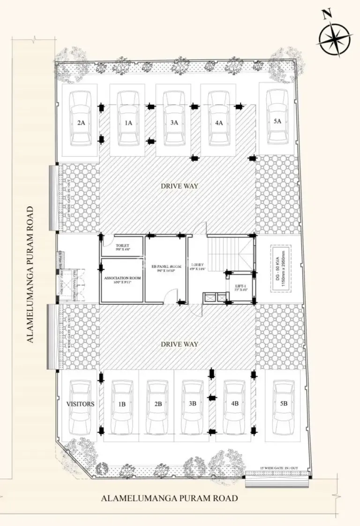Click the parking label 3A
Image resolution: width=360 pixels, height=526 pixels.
(x=174, y=123)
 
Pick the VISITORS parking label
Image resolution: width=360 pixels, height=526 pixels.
(x=81, y=404)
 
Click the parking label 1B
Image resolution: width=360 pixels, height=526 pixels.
(x=122, y=404)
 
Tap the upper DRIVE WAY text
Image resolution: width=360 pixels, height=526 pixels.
(x=180, y=186)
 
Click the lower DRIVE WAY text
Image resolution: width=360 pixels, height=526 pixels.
(x=180, y=344)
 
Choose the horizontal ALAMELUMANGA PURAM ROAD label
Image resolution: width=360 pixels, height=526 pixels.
(x=169, y=498)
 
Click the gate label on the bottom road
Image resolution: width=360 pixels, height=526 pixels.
(x=279, y=468)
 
